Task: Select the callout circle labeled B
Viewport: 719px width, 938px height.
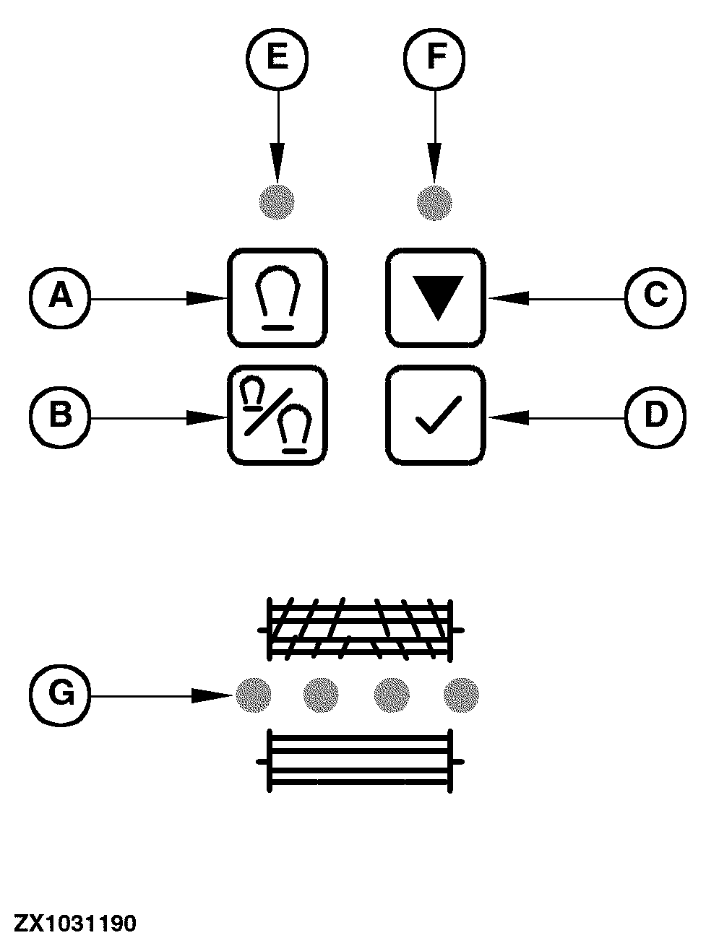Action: (60, 417)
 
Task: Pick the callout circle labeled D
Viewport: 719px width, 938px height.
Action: (655, 417)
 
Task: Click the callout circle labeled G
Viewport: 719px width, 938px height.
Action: (60, 695)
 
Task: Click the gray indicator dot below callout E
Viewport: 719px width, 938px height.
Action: (277, 201)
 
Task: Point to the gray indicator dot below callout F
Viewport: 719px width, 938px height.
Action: (434, 201)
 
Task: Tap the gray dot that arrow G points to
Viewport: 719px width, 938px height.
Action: (253, 695)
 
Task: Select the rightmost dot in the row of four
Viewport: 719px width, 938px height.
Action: (460, 695)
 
